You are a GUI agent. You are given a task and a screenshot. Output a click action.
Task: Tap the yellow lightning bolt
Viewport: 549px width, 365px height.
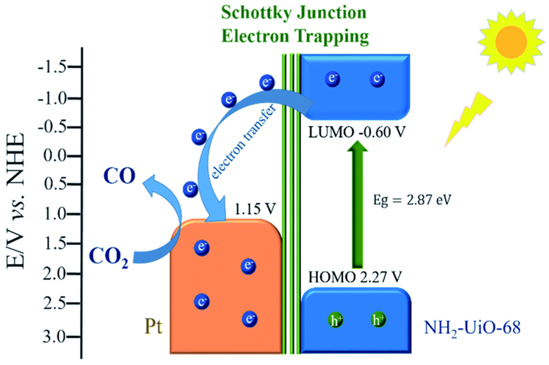(469, 119)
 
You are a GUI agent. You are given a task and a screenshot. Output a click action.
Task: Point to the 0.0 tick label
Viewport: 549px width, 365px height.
(55, 156)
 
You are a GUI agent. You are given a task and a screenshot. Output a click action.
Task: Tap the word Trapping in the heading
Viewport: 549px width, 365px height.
(332, 36)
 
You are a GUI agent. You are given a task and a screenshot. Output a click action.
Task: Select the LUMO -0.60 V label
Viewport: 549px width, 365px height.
(356, 132)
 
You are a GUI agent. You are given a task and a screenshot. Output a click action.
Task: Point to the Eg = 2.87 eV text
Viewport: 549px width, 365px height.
(412, 200)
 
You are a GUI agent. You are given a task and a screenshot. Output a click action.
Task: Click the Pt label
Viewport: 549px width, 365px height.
(153, 326)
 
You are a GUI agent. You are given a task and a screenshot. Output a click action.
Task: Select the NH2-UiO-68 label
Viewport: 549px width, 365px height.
(472, 328)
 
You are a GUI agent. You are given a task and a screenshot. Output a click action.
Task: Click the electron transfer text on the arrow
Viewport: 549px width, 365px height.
(244, 142)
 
